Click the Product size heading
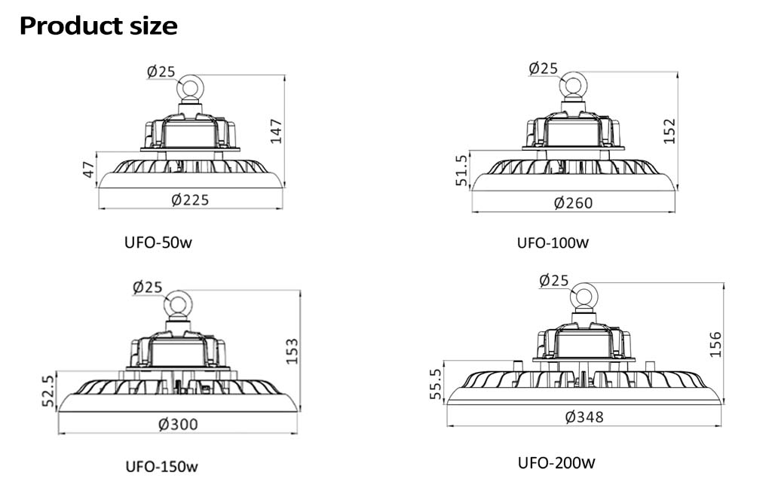tap(99, 26)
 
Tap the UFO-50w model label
tap(158, 242)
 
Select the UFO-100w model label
tap(553, 243)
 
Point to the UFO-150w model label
tap(161, 466)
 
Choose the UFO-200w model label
tap(556, 462)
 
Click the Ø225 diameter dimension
tap(190, 200)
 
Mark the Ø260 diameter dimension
tap(573, 203)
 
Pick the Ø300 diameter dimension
tap(178, 425)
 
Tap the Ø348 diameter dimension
tap(584, 417)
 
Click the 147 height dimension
tap(276, 131)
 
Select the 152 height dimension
tap(669, 131)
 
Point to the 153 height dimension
tap(292, 351)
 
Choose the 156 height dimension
tap(715, 344)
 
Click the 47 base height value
tap(88, 169)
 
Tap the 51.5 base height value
tap(461, 170)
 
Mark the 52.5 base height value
tap(47, 391)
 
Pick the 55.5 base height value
tap(437, 383)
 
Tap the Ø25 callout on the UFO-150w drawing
tap(147, 287)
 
